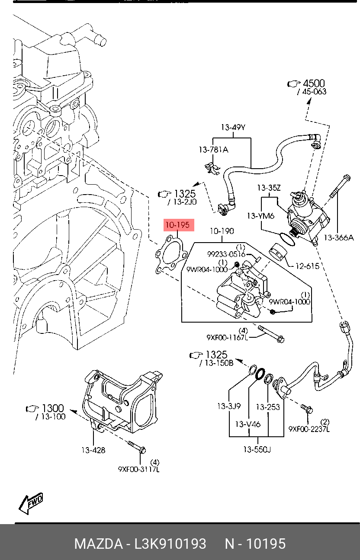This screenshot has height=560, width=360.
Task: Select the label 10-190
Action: point(222,231)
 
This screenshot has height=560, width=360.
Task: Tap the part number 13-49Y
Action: point(233,128)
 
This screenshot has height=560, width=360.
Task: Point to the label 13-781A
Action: point(213,150)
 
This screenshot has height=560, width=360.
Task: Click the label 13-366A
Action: point(338,237)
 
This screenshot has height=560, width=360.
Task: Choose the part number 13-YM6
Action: point(260,216)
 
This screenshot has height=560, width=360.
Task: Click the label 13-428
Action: point(93,450)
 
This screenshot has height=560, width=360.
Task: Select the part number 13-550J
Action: point(257,450)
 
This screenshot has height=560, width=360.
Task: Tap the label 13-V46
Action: point(247,424)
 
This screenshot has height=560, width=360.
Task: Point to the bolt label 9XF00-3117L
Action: point(138,469)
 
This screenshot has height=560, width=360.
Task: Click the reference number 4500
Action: point(314,83)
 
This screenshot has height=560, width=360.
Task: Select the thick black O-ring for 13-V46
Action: point(260,374)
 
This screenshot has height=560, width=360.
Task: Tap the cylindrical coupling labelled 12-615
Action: point(277,253)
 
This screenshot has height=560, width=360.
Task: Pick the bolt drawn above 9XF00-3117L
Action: point(137,447)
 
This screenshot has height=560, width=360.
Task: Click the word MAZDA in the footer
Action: point(98,544)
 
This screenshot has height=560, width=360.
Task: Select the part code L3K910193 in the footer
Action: point(170,544)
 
